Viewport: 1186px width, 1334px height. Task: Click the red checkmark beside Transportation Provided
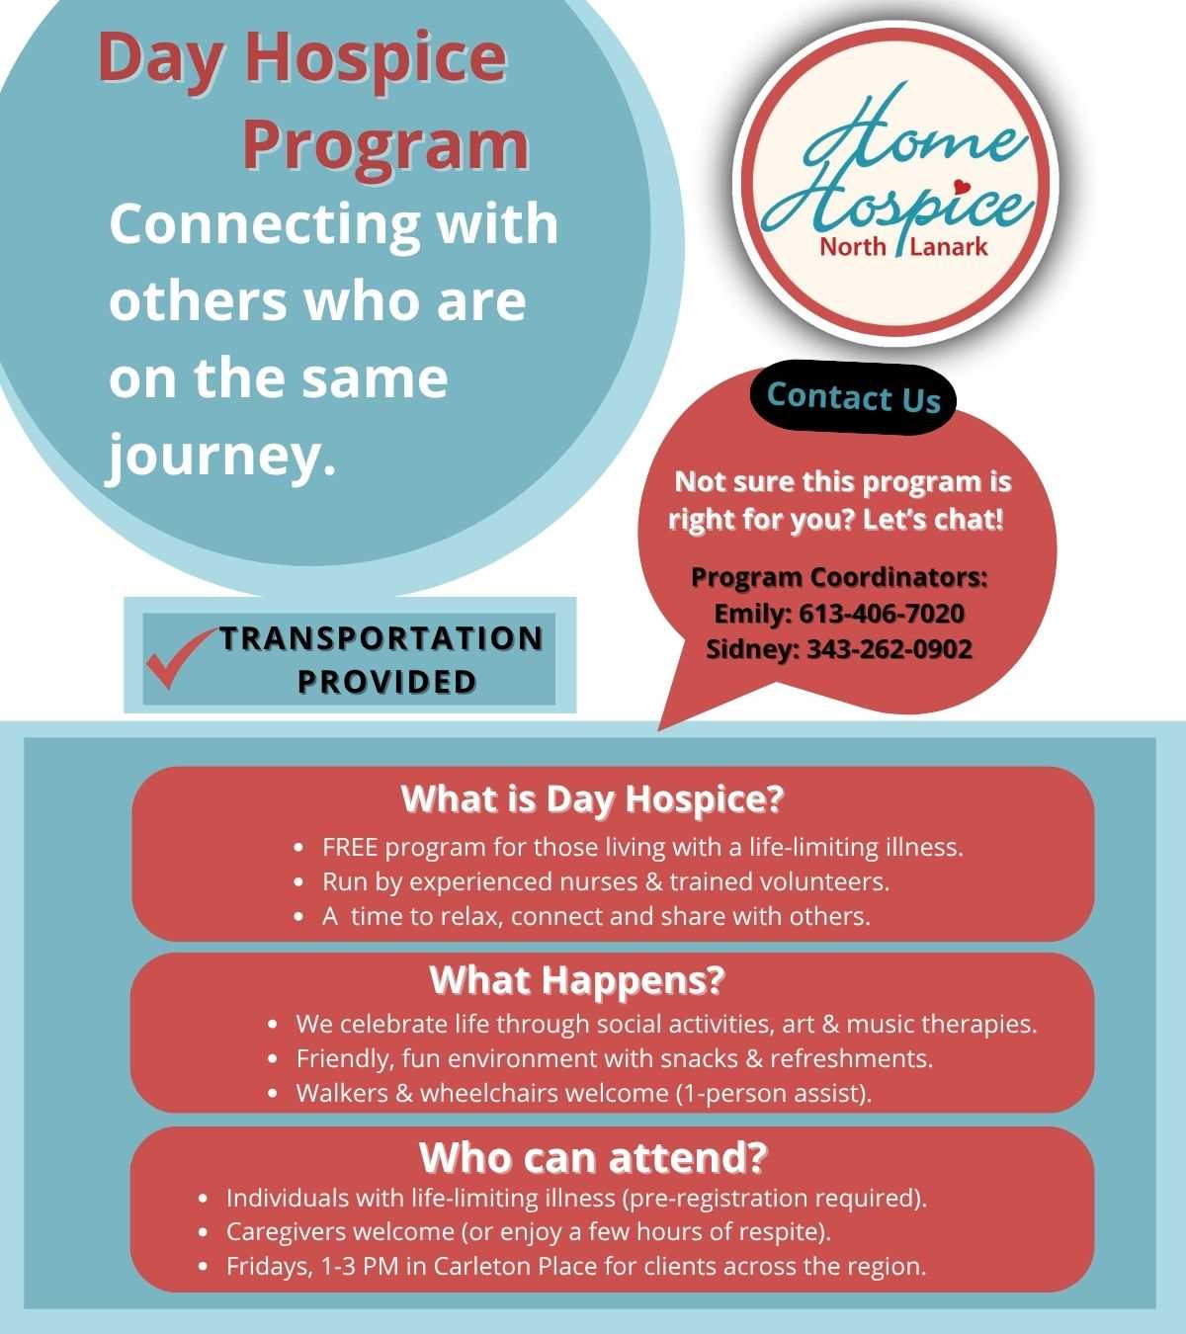click(177, 658)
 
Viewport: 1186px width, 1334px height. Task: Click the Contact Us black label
click(854, 397)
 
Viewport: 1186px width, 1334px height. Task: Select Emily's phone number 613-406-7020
click(882, 613)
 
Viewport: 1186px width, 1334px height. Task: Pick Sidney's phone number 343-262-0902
click(889, 649)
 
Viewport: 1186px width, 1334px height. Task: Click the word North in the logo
click(853, 247)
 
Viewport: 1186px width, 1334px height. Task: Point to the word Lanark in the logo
click(949, 247)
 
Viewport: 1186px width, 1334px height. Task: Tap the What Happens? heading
click(577, 980)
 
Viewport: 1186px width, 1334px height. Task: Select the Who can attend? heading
click(593, 1157)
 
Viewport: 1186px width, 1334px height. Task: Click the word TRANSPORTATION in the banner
click(381, 638)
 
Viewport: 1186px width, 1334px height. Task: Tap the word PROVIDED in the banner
click(387, 682)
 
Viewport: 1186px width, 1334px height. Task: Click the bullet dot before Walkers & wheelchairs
click(274, 1094)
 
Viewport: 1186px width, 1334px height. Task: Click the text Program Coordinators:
click(839, 577)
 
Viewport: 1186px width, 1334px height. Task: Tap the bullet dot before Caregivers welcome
click(204, 1232)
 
